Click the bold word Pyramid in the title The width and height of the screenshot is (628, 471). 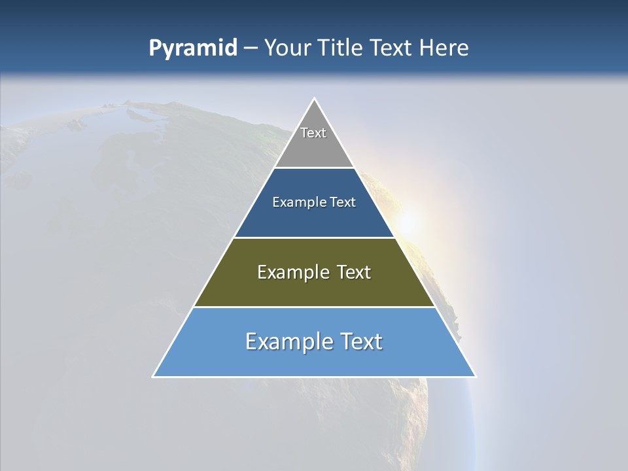point(193,48)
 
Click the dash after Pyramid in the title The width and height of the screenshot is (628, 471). point(251,48)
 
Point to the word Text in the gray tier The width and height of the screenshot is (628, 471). point(313,133)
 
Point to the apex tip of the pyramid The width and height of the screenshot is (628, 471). point(314,99)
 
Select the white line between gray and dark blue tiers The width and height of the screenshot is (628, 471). point(314,168)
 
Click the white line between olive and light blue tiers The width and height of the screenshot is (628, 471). point(314,307)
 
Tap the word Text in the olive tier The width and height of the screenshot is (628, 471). point(351,272)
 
